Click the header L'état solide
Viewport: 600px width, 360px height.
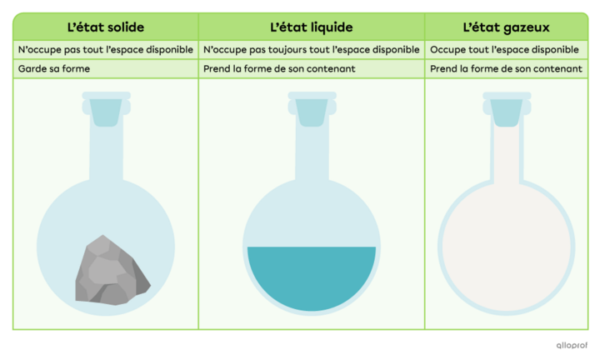[x=106, y=27]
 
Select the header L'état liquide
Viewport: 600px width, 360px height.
[x=312, y=27]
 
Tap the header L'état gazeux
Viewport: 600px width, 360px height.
[x=506, y=27]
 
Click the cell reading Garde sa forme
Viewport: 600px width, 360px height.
[x=54, y=69]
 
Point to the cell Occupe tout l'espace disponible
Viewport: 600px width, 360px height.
[x=504, y=50]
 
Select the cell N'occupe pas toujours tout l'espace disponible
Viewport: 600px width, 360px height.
[x=312, y=50]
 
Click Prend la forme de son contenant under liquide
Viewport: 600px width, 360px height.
[x=279, y=69]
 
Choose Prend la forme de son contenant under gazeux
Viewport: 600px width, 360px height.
[x=506, y=69]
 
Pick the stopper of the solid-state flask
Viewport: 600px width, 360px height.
[x=106, y=112]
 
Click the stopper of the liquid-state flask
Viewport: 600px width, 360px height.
[x=312, y=112]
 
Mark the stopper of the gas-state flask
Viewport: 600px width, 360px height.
[x=507, y=112]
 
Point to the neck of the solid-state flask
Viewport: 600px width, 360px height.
[x=106, y=153]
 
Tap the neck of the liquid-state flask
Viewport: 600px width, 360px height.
[x=312, y=153]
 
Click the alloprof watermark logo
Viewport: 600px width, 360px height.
[x=572, y=345]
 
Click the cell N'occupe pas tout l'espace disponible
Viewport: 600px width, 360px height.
[x=106, y=50]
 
